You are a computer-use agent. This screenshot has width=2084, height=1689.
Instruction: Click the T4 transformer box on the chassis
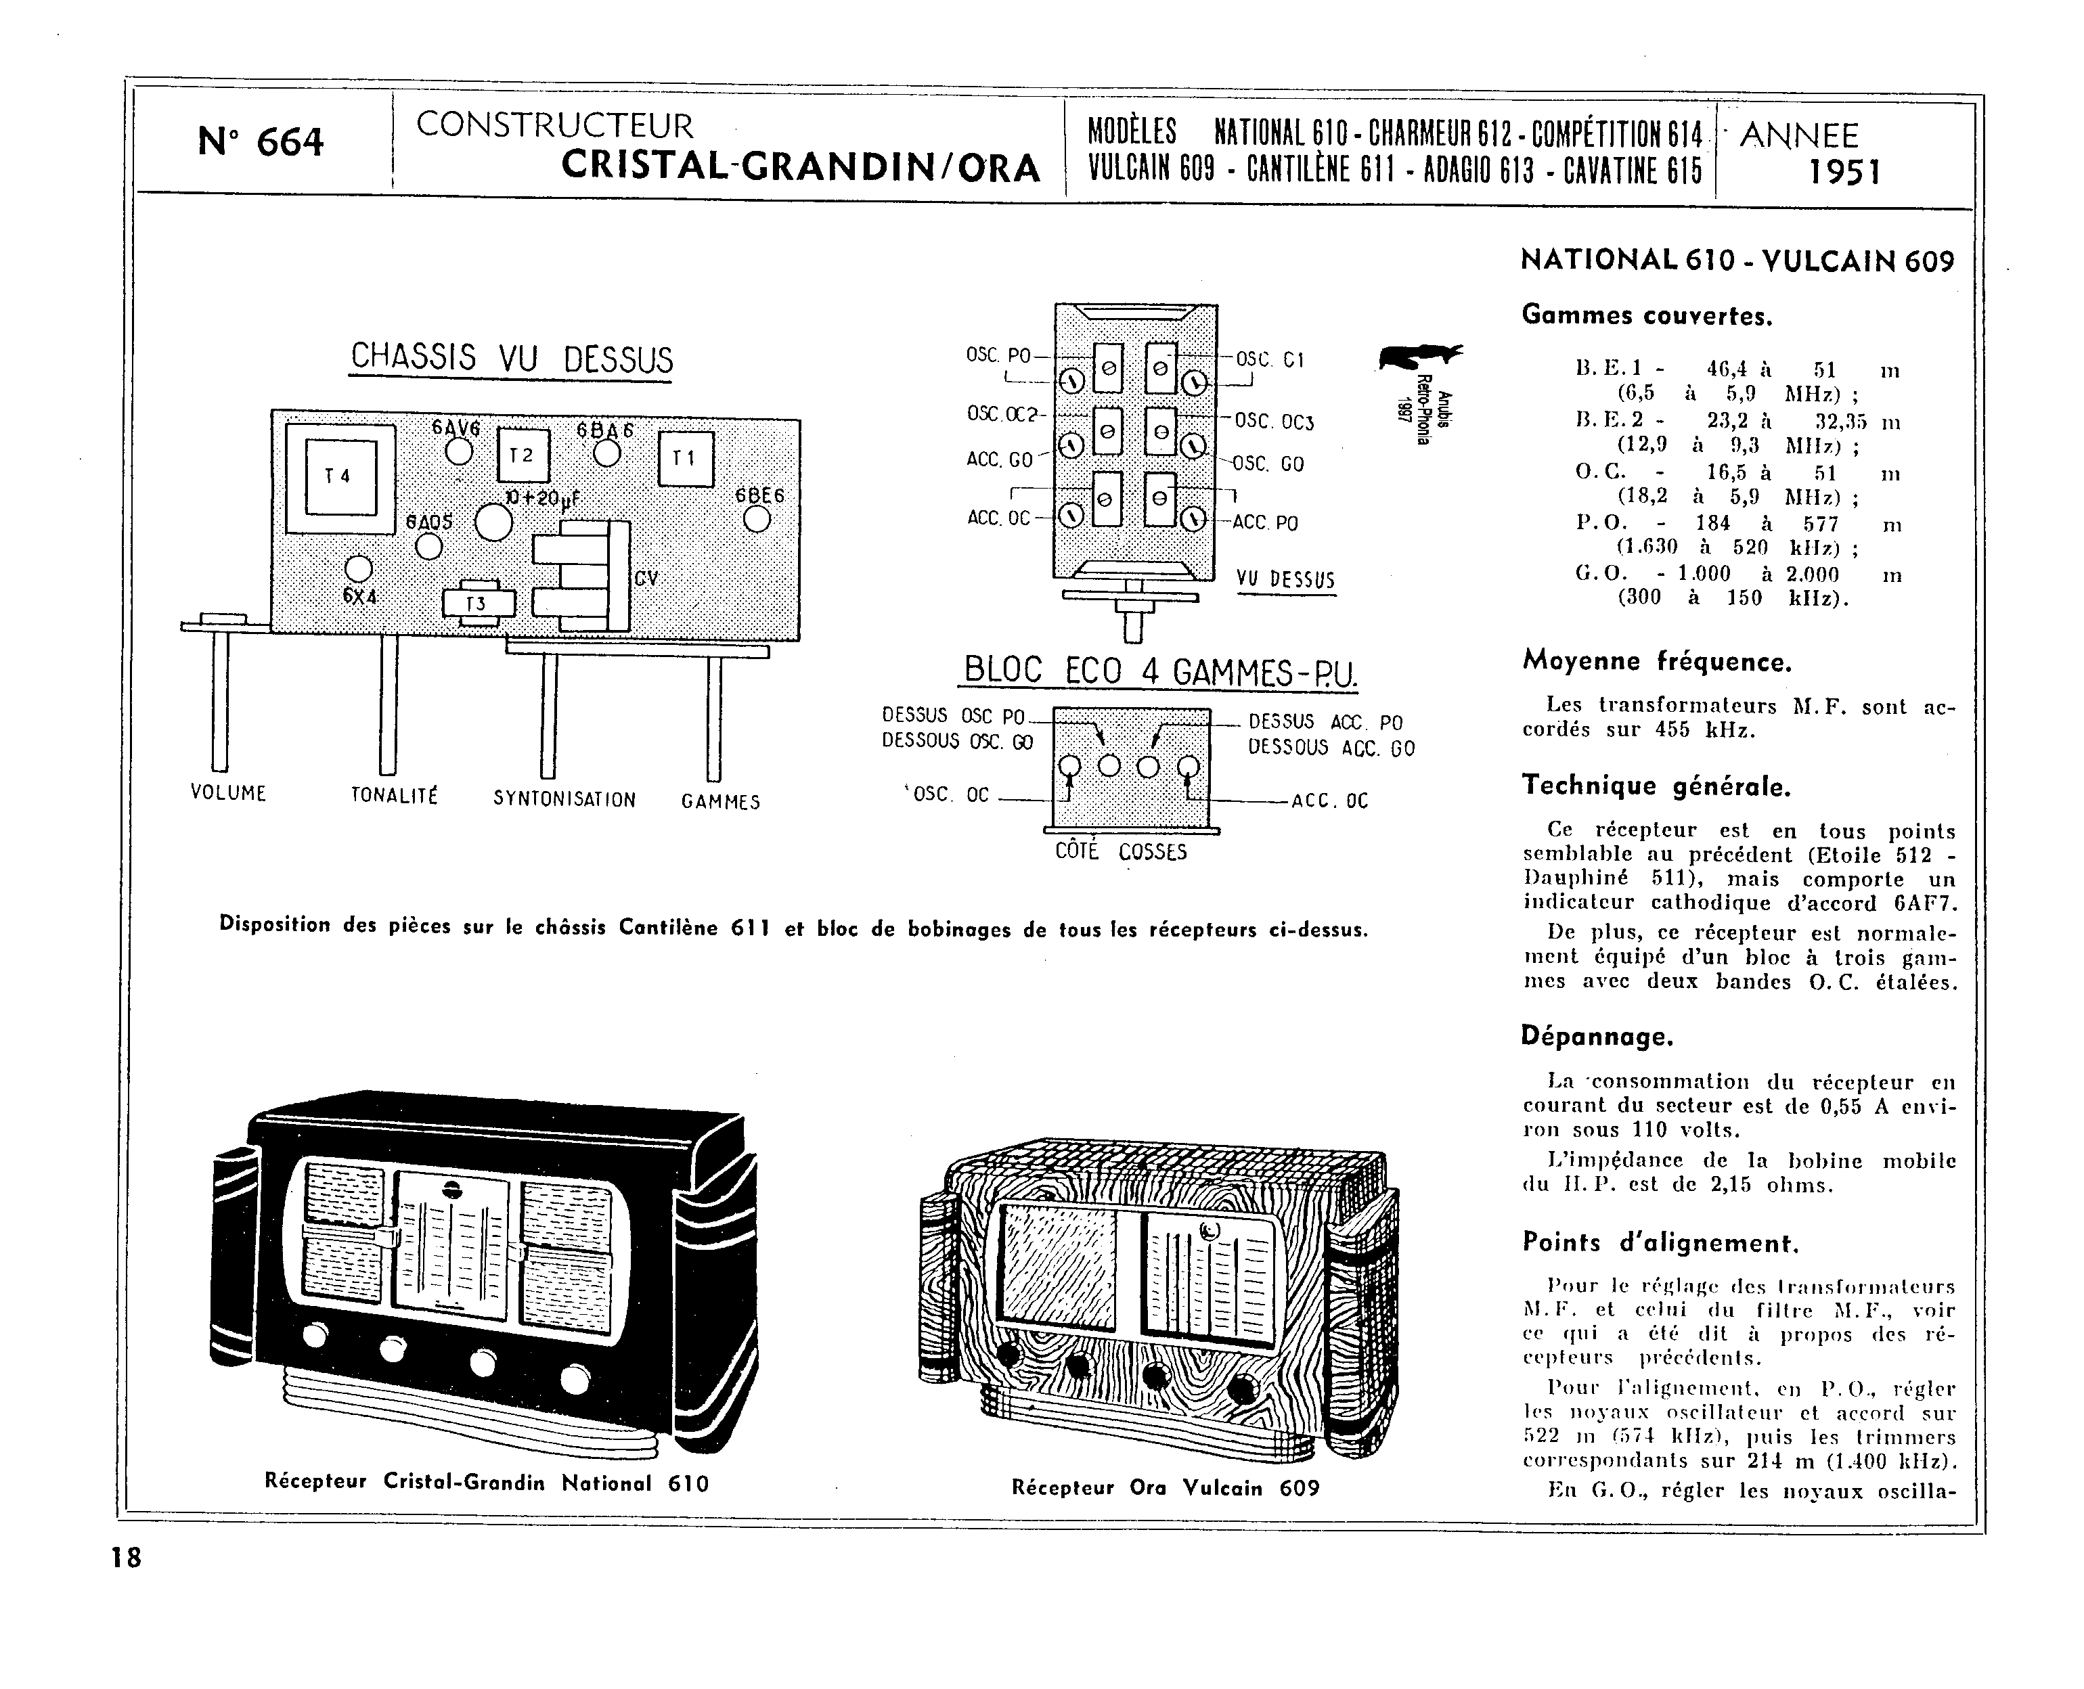coord(340,477)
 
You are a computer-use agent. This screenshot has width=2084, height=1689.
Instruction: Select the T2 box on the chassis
coord(523,455)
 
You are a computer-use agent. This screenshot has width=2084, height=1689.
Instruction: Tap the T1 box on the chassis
coord(686,458)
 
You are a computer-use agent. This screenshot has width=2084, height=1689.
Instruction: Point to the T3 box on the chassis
coord(476,604)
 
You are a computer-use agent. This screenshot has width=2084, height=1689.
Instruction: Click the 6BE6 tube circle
coord(757,520)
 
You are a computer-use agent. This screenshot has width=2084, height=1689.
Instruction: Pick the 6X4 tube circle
coord(359,569)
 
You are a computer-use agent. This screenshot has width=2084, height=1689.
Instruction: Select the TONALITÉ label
coord(394,796)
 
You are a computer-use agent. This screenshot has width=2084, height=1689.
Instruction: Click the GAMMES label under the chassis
coord(721,802)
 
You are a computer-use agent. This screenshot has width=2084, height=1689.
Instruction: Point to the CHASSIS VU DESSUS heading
coord(511,358)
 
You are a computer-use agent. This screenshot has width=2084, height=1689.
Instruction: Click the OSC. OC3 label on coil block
coord(1274,422)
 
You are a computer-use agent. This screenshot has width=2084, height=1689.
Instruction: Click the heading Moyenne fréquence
coord(1657,662)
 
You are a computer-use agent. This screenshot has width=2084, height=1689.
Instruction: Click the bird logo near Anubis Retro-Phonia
coord(1419,356)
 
